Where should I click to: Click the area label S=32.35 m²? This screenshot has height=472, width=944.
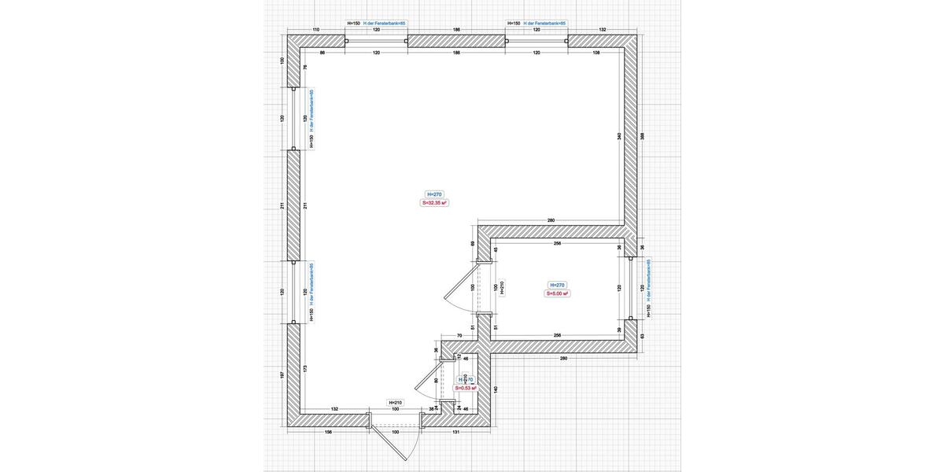(434, 203)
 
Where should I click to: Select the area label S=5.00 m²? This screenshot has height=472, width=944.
(557, 294)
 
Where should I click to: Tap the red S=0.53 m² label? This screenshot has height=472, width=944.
(466, 388)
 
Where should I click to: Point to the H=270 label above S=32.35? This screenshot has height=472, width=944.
(434, 194)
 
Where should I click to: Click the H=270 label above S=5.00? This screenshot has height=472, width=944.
(557, 285)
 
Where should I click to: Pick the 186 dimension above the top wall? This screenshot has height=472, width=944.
(456, 30)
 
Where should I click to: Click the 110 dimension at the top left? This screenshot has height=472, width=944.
(316, 30)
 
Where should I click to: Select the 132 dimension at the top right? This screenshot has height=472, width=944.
(603, 30)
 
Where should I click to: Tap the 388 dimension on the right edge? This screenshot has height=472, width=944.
(643, 136)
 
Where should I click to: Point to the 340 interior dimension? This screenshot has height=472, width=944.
(620, 136)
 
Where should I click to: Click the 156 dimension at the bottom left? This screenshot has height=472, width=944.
(328, 432)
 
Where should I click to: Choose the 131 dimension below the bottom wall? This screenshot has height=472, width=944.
(456, 432)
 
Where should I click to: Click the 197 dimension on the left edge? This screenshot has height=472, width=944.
(282, 375)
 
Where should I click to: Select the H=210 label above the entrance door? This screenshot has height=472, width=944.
(395, 402)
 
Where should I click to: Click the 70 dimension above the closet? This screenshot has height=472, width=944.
(459, 336)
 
